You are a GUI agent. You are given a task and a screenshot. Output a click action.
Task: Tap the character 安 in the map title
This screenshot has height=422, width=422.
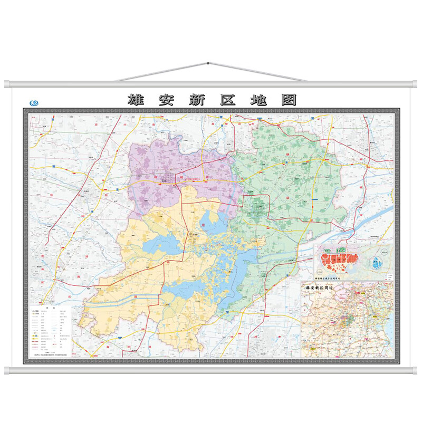point(168,100)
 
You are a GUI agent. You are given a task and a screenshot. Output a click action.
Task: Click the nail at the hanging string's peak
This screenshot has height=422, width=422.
point(209,63)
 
